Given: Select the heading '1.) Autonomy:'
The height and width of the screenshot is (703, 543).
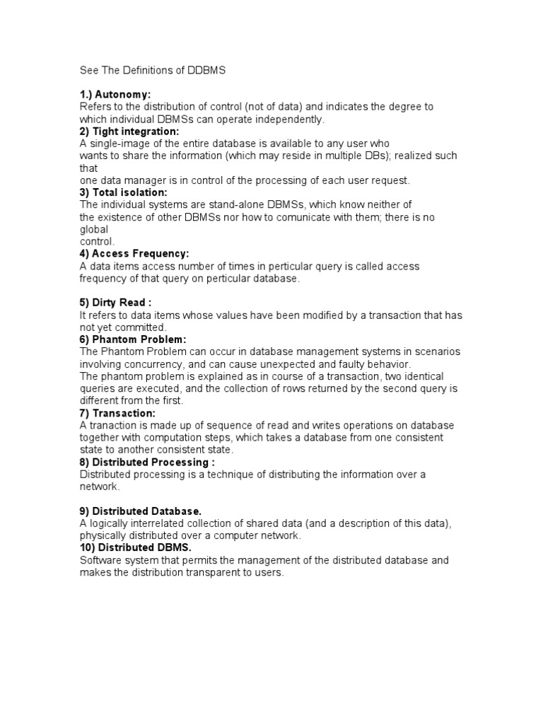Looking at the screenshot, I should tap(115, 94).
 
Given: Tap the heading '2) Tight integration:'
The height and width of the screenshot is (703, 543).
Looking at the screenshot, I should tap(129, 131).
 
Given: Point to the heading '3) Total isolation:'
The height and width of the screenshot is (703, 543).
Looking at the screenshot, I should tap(124, 192).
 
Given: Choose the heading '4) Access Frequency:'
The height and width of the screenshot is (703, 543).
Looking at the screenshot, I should tap(134, 253).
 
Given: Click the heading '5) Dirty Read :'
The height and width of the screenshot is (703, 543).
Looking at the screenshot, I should tap(116, 303).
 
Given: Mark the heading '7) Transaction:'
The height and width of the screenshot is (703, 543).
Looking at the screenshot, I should tap(117, 413).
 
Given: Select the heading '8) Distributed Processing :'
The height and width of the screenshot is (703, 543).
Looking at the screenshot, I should tap(147, 462).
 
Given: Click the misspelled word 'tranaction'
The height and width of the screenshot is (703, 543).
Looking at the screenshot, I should tap(113, 425).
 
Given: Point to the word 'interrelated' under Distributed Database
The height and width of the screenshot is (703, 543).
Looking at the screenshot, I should tap(164, 523).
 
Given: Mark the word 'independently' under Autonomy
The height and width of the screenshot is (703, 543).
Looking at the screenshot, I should tap(290, 119).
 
